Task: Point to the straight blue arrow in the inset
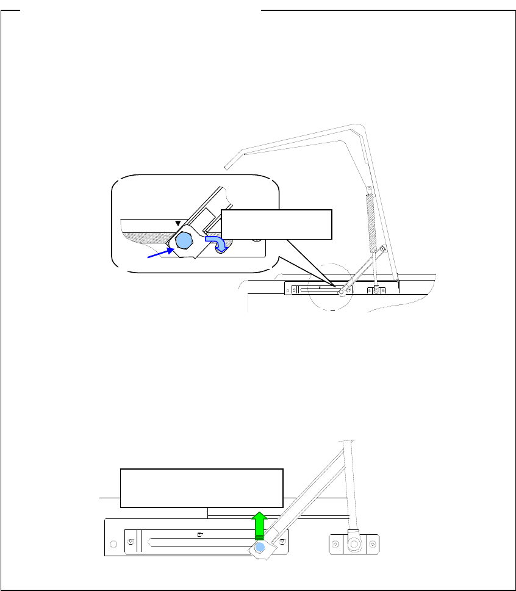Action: click(159, 252)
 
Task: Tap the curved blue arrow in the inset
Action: click(218, 243)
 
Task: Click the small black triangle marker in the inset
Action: click(178, 224)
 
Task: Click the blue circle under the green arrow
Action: click(260, 548)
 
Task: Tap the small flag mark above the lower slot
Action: click(201, 534)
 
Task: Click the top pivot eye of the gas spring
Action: click(368, 188)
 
